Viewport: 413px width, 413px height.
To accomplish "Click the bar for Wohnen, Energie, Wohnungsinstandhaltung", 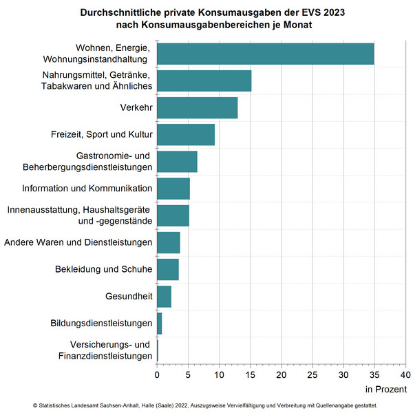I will tap(265, 54).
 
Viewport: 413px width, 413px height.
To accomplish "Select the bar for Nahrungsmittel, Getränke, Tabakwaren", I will tap(204, 81).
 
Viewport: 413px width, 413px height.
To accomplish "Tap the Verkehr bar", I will tap(197, 107).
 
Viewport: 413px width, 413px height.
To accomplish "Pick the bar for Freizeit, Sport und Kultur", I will tap(186, 134).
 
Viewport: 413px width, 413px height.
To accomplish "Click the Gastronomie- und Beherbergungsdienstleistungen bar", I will tap(177, 161).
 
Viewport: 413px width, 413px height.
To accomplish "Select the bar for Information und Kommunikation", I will tap(173, 188).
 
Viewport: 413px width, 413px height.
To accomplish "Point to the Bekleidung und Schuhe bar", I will tap(167, 269).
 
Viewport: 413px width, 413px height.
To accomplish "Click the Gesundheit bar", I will tap(164, 296).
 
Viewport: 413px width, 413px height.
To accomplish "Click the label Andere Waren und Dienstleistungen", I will tap(78, 242).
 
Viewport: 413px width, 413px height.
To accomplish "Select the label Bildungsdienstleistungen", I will tap(101, 323).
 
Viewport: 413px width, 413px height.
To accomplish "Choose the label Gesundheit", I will tap(129, 296).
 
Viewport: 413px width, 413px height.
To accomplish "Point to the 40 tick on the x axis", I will tap(405, 375).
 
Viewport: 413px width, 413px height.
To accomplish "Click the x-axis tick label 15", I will tap(250, 375).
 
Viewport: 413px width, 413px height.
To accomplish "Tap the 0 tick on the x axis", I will tap(157, 375).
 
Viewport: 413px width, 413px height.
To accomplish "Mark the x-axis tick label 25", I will tap(312, 375).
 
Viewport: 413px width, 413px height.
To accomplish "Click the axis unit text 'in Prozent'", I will tap(386, 390).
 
